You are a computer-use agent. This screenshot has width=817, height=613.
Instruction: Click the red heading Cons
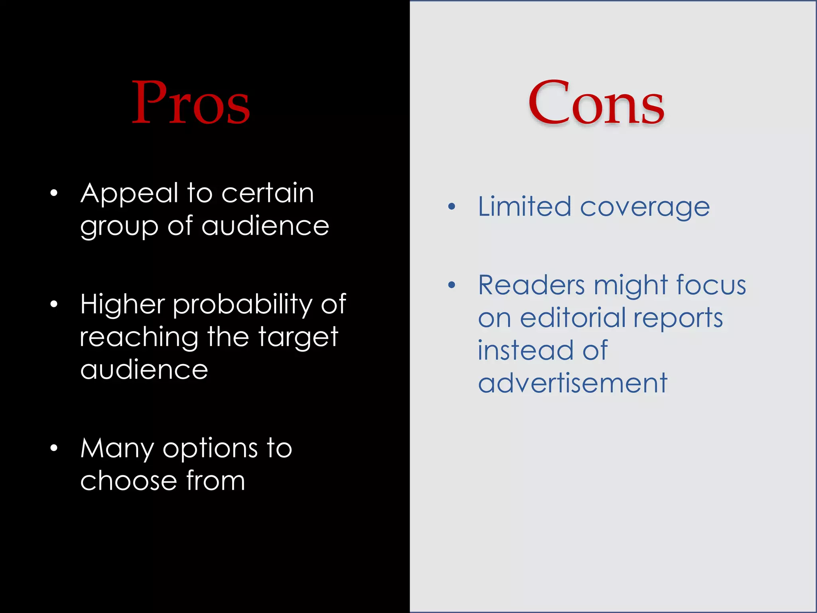click(x=596, y=103)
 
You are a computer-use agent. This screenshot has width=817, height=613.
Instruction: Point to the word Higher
click(x=122, y=304)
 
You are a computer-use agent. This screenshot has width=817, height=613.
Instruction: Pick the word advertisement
click(x=572, y=383)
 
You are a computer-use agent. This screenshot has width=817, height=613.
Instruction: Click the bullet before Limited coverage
click(x=451, y=207)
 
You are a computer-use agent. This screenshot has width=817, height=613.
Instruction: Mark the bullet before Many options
click(x=54, y=448)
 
